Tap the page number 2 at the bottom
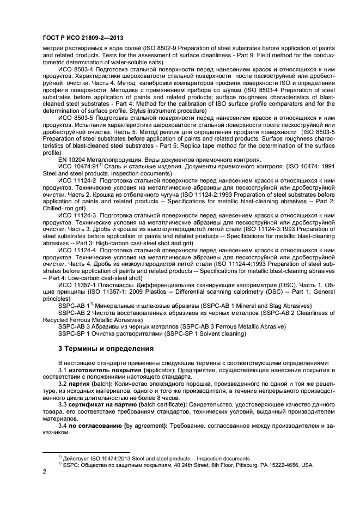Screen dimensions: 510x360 (45, 472)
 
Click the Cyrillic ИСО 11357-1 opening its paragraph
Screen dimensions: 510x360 (77, 283)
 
